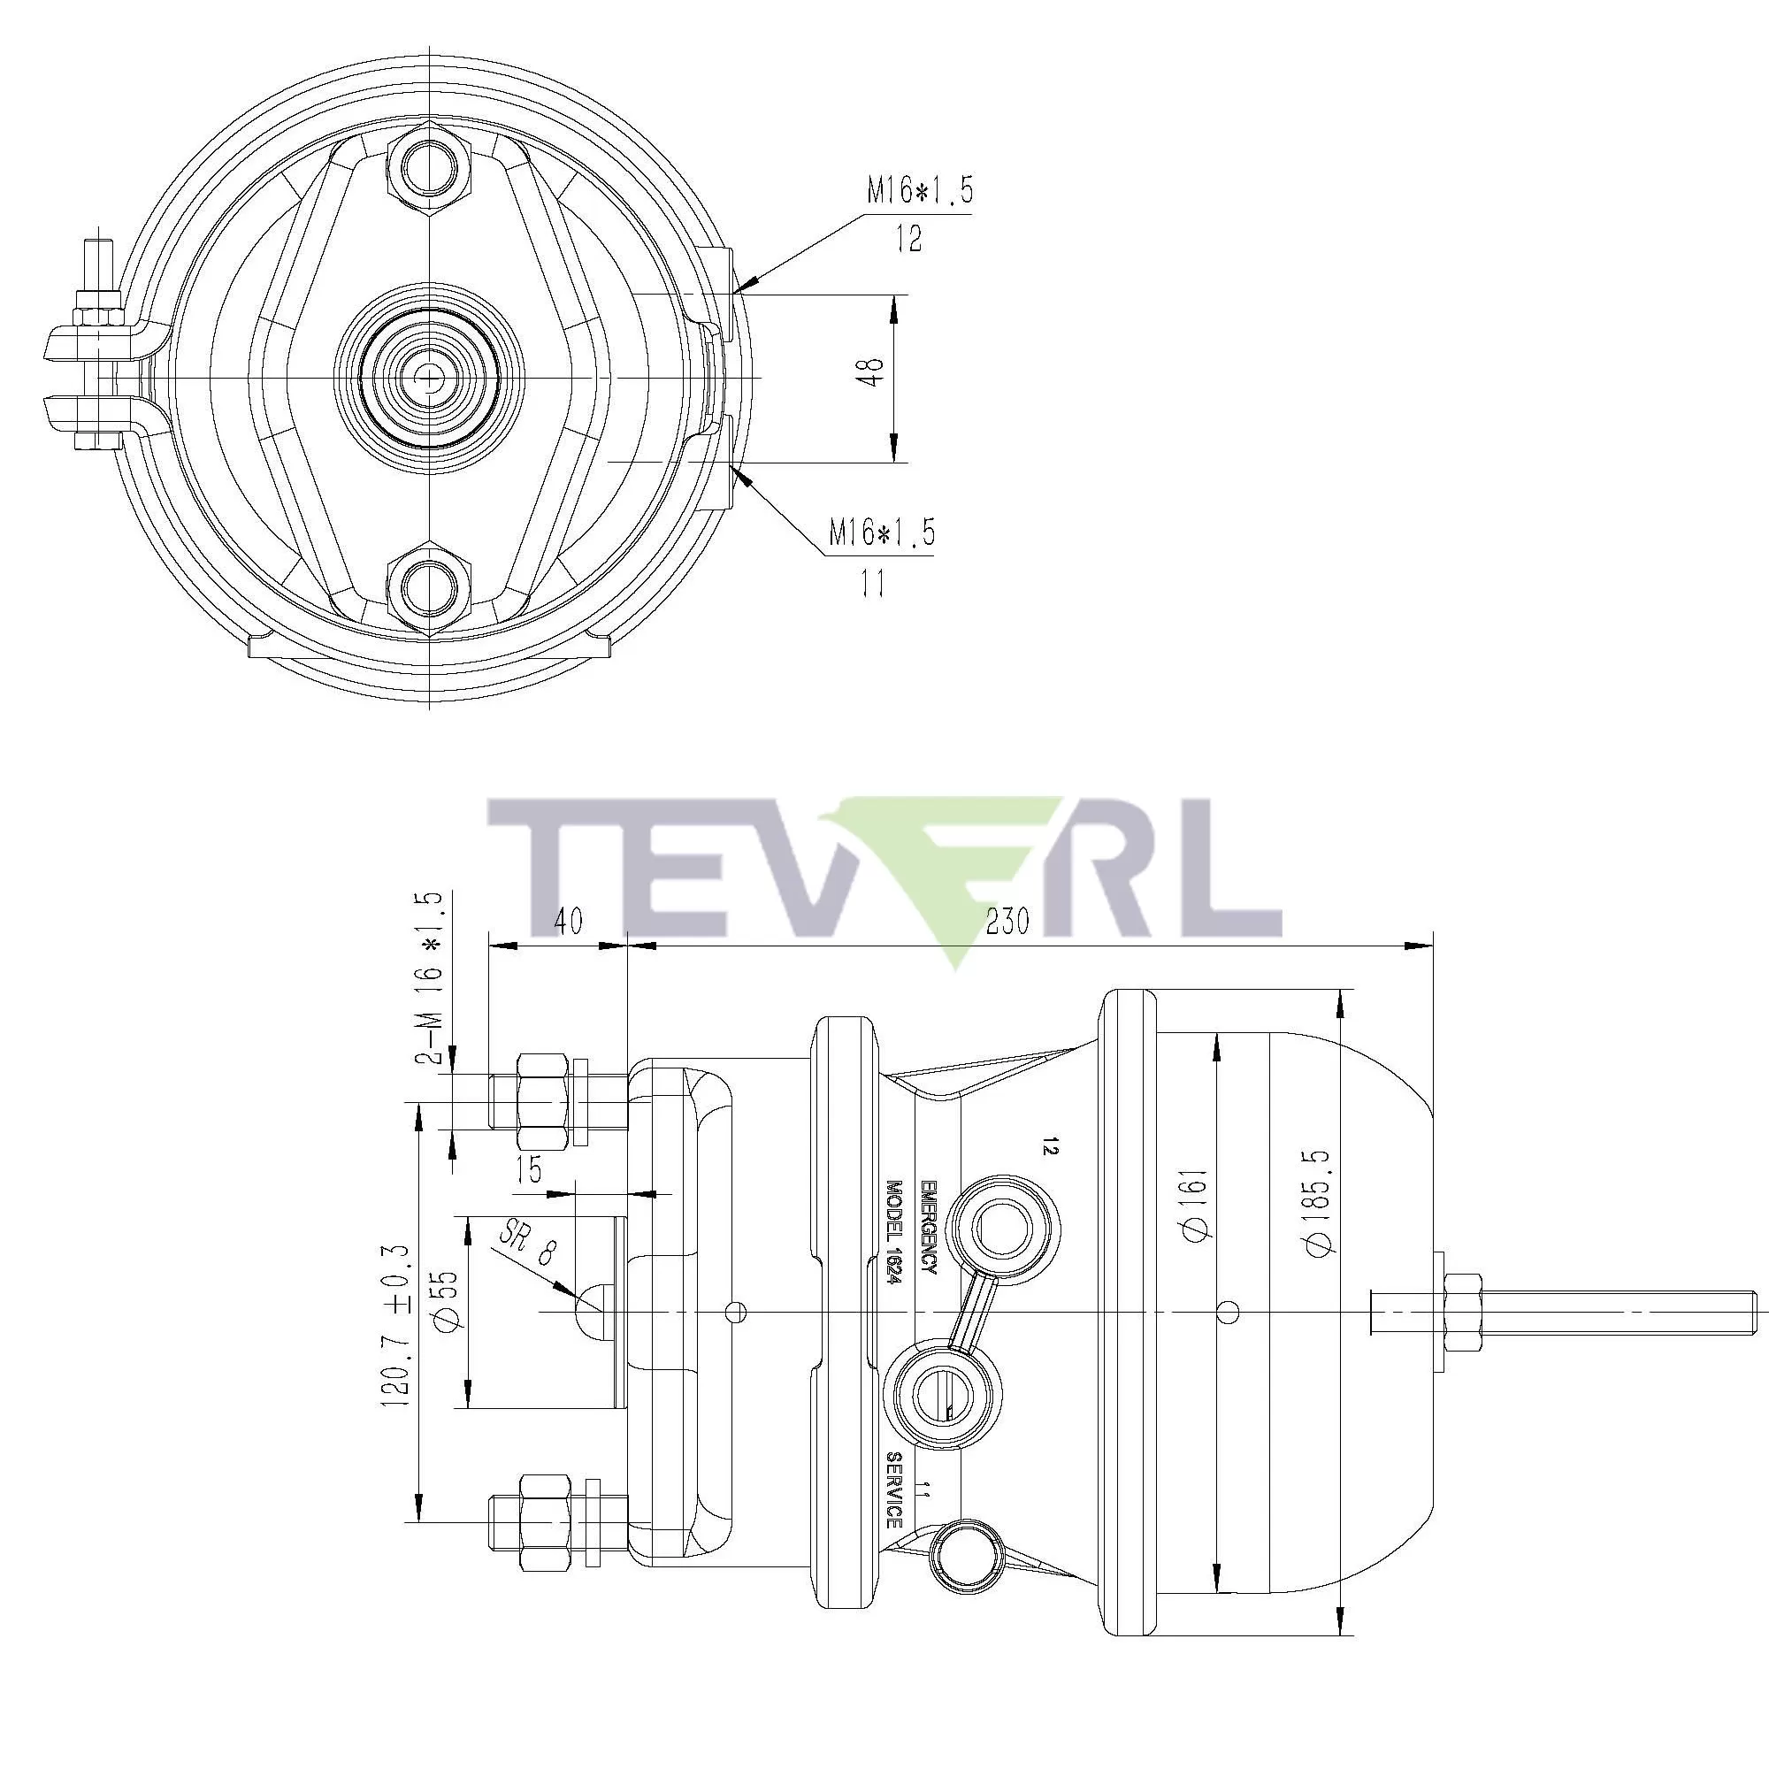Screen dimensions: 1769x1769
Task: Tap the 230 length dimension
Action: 1008,921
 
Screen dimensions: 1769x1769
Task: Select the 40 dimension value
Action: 568,921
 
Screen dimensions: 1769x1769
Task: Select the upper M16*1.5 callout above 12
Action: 919,191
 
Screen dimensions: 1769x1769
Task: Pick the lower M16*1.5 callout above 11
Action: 882,532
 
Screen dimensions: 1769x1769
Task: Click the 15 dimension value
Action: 529,1169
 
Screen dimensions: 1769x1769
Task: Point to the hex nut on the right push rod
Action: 1459,1313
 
